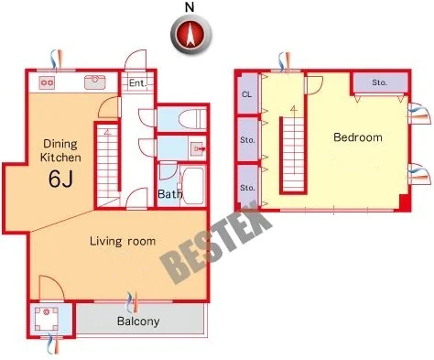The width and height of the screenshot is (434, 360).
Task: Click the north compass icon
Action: coord(190,34)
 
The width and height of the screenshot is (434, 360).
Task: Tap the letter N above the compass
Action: coord(190,7)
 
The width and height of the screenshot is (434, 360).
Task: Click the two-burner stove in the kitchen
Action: coord(47,82)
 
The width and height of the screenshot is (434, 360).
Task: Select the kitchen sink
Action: coord(94,82)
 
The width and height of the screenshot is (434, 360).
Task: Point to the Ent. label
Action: coord(137,82)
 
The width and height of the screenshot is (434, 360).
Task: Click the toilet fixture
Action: coord(191,119)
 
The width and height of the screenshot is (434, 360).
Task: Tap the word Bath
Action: coord(169,193)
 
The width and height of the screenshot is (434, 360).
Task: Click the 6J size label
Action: coord(60,179)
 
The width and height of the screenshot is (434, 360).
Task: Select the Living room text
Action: coord(123,241)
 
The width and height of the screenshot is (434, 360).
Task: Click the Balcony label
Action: coord(138,322)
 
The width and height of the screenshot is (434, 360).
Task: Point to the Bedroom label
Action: coord(358,137)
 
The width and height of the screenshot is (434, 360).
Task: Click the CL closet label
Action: coord(246,94)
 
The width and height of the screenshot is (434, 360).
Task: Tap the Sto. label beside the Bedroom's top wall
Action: coord(380,82)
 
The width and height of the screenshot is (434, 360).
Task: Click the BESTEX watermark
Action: coord(216,242)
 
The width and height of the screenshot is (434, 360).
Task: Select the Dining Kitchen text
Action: coord(60,150)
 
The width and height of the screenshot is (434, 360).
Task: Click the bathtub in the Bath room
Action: coord(192,186)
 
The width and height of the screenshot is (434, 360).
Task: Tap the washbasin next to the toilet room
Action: coord(197,148)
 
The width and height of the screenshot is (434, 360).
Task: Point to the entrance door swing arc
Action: coord(135,60)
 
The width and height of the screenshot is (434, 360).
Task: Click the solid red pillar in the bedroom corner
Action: coord(404,202)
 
